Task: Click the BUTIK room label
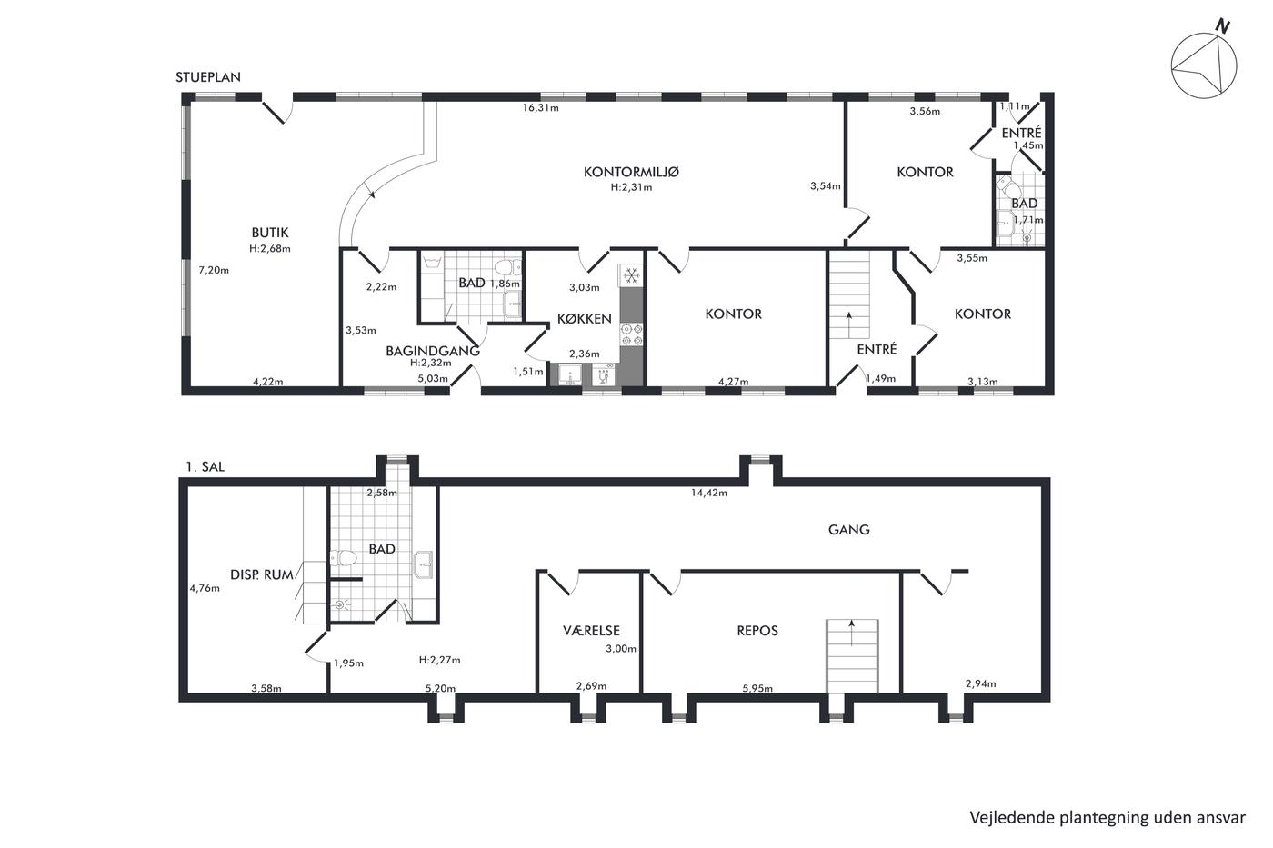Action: click(x=270, y=233)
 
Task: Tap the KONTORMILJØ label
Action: click(x=631, y=172)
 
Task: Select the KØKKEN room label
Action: click(x=584, y=319)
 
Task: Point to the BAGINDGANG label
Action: click(x=433, y=351)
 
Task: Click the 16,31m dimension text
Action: click(x=540, y=107)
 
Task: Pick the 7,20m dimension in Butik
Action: click(x=214, y=270)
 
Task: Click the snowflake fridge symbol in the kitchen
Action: click(x=631, y=276)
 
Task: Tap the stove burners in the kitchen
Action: click(x=631, y=334)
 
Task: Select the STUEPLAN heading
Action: click(x=208, y=77)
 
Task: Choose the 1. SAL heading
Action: click(x=205, y=467)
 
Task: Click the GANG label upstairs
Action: click(x=848, y=529)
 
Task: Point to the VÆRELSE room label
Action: click(x=591, y=630)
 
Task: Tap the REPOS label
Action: click(x=757, y=630)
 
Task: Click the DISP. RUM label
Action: click(x=262, y=574)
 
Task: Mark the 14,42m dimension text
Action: click(x=708, y=493)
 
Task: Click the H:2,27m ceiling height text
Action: click(x=439, y=660)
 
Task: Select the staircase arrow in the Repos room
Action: click(x=851, y=634)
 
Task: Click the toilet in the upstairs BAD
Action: click(x=343, y=558)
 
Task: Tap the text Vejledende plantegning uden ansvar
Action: click(x=1108, y=817)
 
